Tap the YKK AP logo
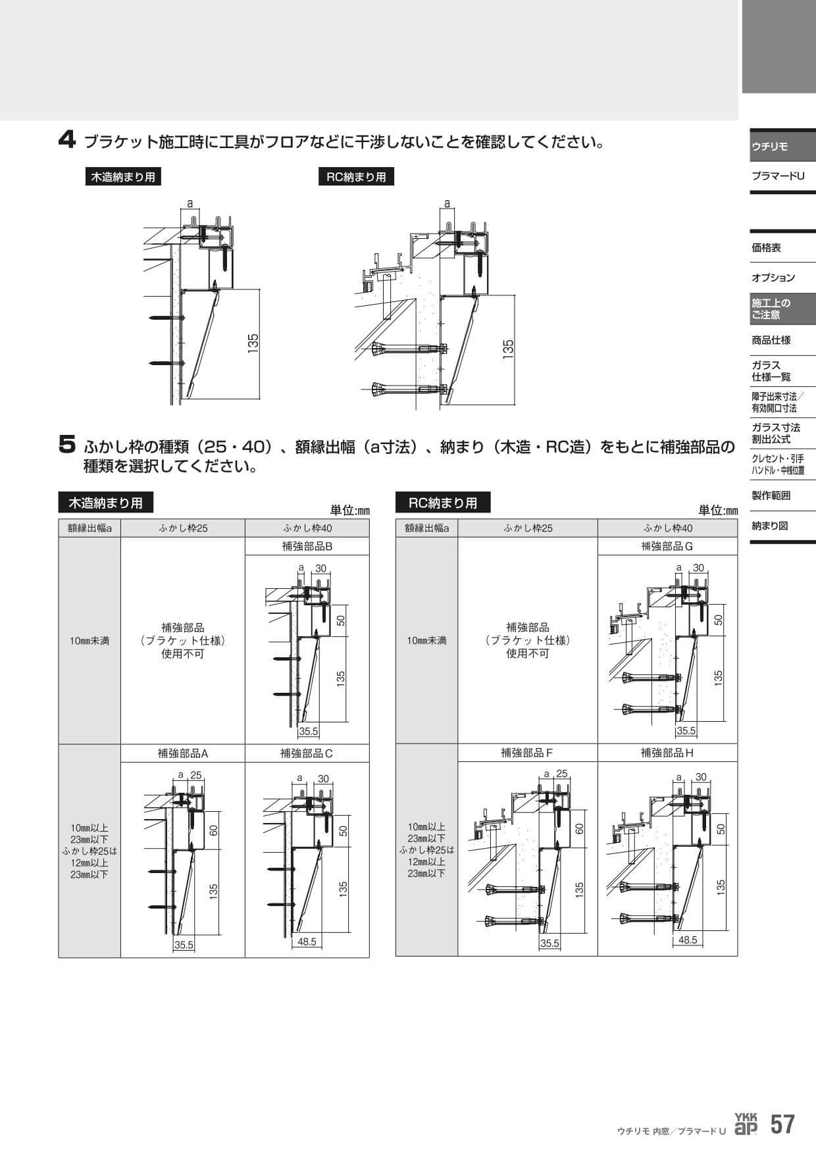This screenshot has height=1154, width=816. pos(746,1124)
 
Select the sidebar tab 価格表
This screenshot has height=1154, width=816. pos(766,248)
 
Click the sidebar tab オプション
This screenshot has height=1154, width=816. pos(773,278)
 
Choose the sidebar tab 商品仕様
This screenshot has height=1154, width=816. pos(771,340)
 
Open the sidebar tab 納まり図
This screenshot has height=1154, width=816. pos(769,526)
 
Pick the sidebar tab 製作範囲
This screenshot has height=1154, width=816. pos(771,495)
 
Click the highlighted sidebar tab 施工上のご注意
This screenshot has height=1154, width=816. pos(771,309)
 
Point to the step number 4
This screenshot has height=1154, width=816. pos(66,139)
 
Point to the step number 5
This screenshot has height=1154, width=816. pos(67,447)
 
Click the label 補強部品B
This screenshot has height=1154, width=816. pos(307,546)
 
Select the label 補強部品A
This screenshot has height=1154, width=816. pos(183,753)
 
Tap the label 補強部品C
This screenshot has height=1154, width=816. pos(307,753)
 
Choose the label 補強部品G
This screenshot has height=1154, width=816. pos(667,546)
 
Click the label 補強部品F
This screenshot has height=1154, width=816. pos(527,753)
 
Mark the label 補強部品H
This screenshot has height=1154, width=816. pos(667,753)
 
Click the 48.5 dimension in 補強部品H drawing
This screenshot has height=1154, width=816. pos(687,940)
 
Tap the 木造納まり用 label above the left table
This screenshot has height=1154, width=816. pos(106,503)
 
